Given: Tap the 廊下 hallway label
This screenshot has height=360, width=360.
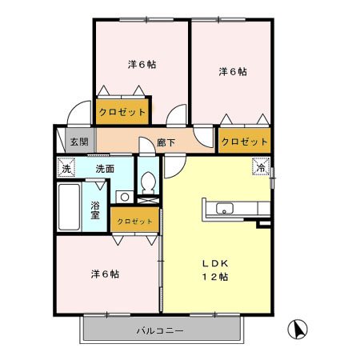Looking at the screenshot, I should (166, 142).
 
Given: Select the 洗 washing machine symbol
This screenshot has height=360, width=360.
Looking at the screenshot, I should (66, 168).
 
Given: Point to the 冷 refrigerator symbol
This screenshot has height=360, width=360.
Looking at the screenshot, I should (261, 168).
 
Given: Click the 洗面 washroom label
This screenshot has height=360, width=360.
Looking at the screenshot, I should (105, 169).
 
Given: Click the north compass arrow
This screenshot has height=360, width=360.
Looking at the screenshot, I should (298, 328).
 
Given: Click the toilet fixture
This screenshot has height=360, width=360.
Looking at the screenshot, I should (147, 182).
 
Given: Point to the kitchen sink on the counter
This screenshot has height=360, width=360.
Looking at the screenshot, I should (224, 209).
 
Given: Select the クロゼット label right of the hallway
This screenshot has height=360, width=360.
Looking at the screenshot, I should (244, 142).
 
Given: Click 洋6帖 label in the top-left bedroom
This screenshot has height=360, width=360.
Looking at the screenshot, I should (142, 64).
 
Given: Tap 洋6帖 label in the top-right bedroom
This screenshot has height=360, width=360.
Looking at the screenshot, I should (233, 71).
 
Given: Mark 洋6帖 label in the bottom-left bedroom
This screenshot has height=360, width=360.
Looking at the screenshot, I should (105, 274).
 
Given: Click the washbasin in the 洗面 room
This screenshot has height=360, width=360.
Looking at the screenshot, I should (124, 196).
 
